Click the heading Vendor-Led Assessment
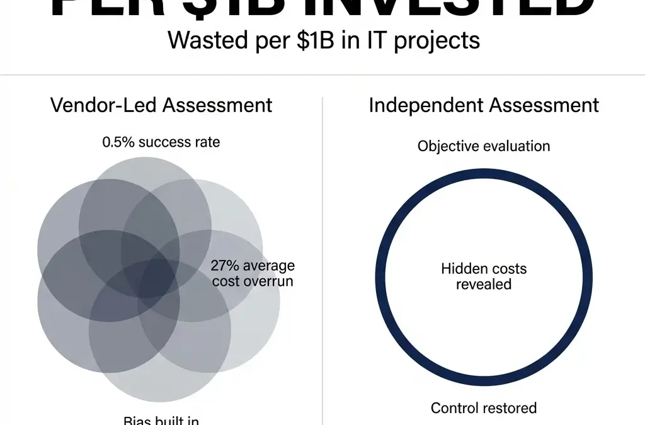[x=161, y=105]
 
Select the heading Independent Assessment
[x=484, y=105]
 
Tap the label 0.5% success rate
[x=161, y=142]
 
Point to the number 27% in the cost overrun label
[x=224, y=266]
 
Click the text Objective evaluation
[x=484, y=146]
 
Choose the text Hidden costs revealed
[x=484, y=276]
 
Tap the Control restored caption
[x=484, y=408]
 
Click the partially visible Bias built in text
[x=161, y=420]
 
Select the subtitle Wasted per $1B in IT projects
[x=324, y=41]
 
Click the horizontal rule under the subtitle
[x=322, y=76]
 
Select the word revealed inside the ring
[x=484, y=284]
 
